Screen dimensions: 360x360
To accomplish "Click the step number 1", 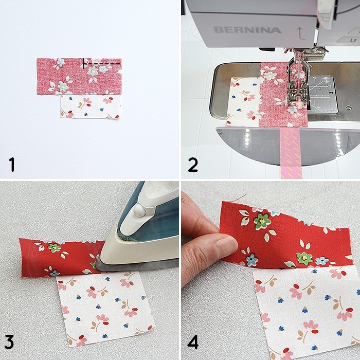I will click(x=12, y=165).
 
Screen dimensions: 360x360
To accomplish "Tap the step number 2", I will click(x=193, y=165).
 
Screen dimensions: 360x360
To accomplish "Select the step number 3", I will click(x=12, y=345).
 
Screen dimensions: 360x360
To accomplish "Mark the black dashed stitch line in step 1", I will click(x=103, y=63).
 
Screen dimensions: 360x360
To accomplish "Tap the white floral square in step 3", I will click(x=103, y=309).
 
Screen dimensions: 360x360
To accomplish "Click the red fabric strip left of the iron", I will click(x=57, y=257).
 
